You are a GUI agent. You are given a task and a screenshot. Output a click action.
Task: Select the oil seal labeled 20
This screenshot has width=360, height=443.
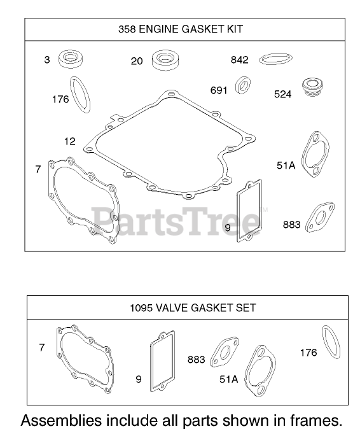(x=165, y=60)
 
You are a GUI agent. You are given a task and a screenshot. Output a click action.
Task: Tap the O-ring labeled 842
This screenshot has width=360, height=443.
(x=275, y=59)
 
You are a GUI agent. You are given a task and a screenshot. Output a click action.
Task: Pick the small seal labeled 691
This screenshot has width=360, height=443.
(x=243, y=85)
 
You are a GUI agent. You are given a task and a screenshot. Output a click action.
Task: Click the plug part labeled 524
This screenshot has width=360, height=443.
(x=312, y=87)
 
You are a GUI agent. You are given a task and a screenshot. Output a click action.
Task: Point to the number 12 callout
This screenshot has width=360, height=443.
(x=70, y=141)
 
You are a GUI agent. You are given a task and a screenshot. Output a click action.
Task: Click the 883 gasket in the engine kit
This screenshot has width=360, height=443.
(x=320, y=217)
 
